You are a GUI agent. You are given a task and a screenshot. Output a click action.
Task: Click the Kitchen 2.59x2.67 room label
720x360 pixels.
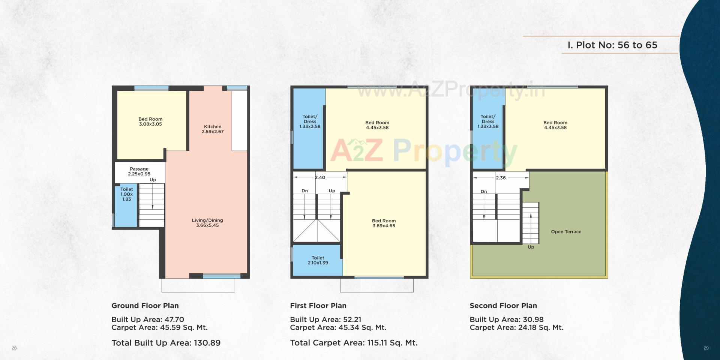click(213, 129)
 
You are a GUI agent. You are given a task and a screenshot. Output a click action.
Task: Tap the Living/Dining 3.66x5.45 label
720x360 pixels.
click(207, 223)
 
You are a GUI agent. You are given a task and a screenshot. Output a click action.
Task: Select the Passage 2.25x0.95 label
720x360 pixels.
click(139, 171)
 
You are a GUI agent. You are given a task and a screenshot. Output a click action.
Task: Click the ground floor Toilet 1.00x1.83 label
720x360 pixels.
click(126, 194)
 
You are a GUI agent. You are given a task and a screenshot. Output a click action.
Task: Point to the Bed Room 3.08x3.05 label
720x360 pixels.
click(150, 121)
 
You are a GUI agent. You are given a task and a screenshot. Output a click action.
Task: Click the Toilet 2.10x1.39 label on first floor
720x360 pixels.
click(318, 260)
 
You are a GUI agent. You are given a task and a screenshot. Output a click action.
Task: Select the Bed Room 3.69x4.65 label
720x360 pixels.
click(384, 223)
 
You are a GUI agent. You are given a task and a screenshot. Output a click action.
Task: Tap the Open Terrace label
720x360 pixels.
click(566, 232)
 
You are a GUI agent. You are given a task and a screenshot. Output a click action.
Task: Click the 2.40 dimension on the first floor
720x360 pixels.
click(320, 177)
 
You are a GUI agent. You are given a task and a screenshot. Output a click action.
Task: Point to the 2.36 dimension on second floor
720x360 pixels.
click(501, 178)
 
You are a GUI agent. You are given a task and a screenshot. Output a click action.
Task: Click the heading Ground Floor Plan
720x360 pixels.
click(145, 306)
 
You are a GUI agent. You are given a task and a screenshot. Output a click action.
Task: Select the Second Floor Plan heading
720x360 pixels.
click(503, 306)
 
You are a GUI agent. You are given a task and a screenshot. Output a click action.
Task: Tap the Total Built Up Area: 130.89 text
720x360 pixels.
click(166, 343)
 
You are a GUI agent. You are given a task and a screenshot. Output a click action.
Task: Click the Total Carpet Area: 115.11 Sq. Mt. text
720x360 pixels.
click(354, 343)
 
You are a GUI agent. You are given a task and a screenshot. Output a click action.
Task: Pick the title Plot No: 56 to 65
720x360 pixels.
click(612, 45)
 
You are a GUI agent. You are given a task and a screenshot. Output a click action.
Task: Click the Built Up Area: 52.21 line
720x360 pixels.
click(325, 319)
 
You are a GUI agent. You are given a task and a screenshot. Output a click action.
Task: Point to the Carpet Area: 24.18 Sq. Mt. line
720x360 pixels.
click(516, 327)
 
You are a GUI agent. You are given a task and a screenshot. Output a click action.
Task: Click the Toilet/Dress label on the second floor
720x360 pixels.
click(488, 121)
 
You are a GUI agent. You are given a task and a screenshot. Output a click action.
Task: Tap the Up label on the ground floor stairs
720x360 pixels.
click(153, 180)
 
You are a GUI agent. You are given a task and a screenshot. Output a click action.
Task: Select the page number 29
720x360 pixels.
click(706, 348)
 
